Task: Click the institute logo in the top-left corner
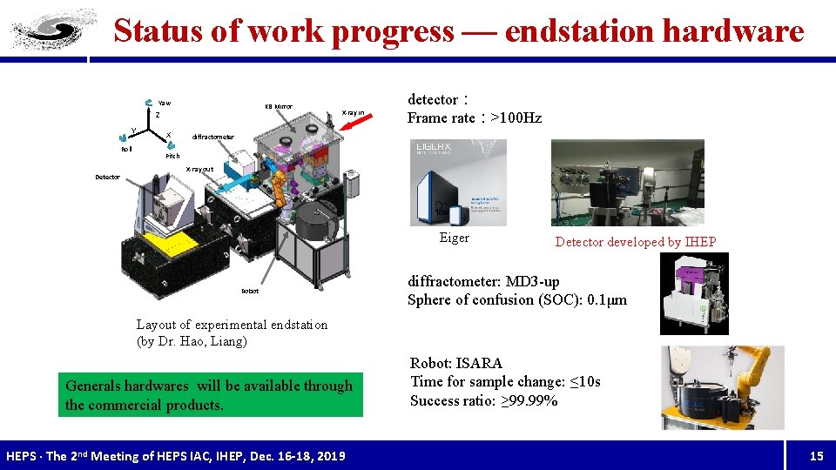point(44,31)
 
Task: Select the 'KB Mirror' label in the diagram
point(279,107)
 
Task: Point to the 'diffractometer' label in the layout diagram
point(213,137)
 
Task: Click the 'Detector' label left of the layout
point(107,178)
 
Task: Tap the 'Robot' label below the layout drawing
point(249,292)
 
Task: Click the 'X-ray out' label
point(200,169)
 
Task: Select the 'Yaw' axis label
point(164,103)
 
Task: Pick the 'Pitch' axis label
point(172,156)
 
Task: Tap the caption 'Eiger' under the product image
point(454,238)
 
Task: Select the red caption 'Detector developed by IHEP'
point(635,242)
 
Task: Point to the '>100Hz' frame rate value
point(516,117)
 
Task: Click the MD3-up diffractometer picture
point(694,293)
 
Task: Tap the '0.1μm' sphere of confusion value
point(606,300)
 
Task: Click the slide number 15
point(816,456)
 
